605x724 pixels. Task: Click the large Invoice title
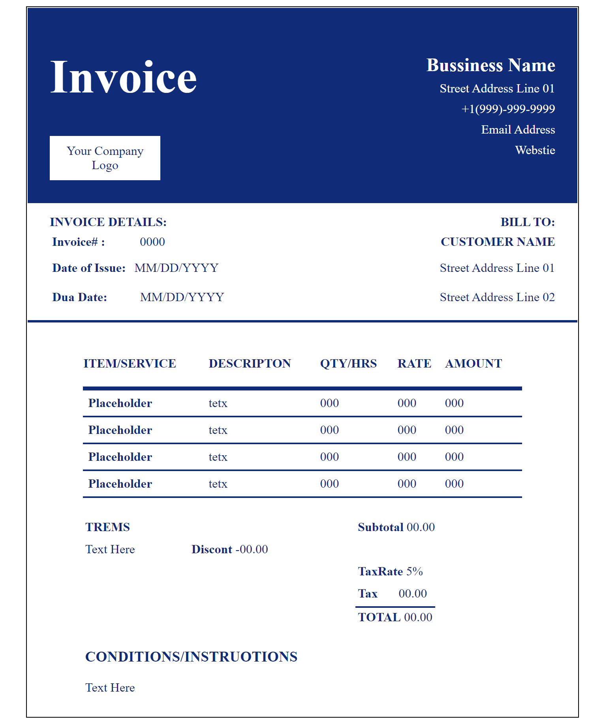(x=123, y=77)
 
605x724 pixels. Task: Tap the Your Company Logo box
(x=105, y=158)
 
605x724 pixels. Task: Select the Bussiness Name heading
(x=490, y=66)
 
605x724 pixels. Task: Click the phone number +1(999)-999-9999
(x=508, y=109)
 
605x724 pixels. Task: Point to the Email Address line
(x=518, y=130)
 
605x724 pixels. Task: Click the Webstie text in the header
(x=535, y=150)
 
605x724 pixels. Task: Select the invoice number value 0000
(x=152, y=242)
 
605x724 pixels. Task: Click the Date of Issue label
(x=89, y=268)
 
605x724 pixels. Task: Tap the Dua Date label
(x=80, y=297)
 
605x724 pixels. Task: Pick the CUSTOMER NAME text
(x=498, y=242)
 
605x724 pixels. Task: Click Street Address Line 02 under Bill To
(x=497, y=297)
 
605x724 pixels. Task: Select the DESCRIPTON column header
(x=250, y=364)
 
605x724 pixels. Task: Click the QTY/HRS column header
(x=348, y=364)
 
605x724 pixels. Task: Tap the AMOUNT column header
(x=473, y=364)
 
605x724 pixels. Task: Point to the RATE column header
(x=414, y=364)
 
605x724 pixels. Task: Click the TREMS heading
(x=107, y=527)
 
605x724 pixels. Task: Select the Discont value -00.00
(x=252, y=549)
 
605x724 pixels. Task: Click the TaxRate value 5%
(x=415, y=571)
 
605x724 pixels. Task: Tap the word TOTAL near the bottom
(x=379, y=617)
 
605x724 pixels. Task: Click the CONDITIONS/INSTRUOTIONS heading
(x=191, y=657)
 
